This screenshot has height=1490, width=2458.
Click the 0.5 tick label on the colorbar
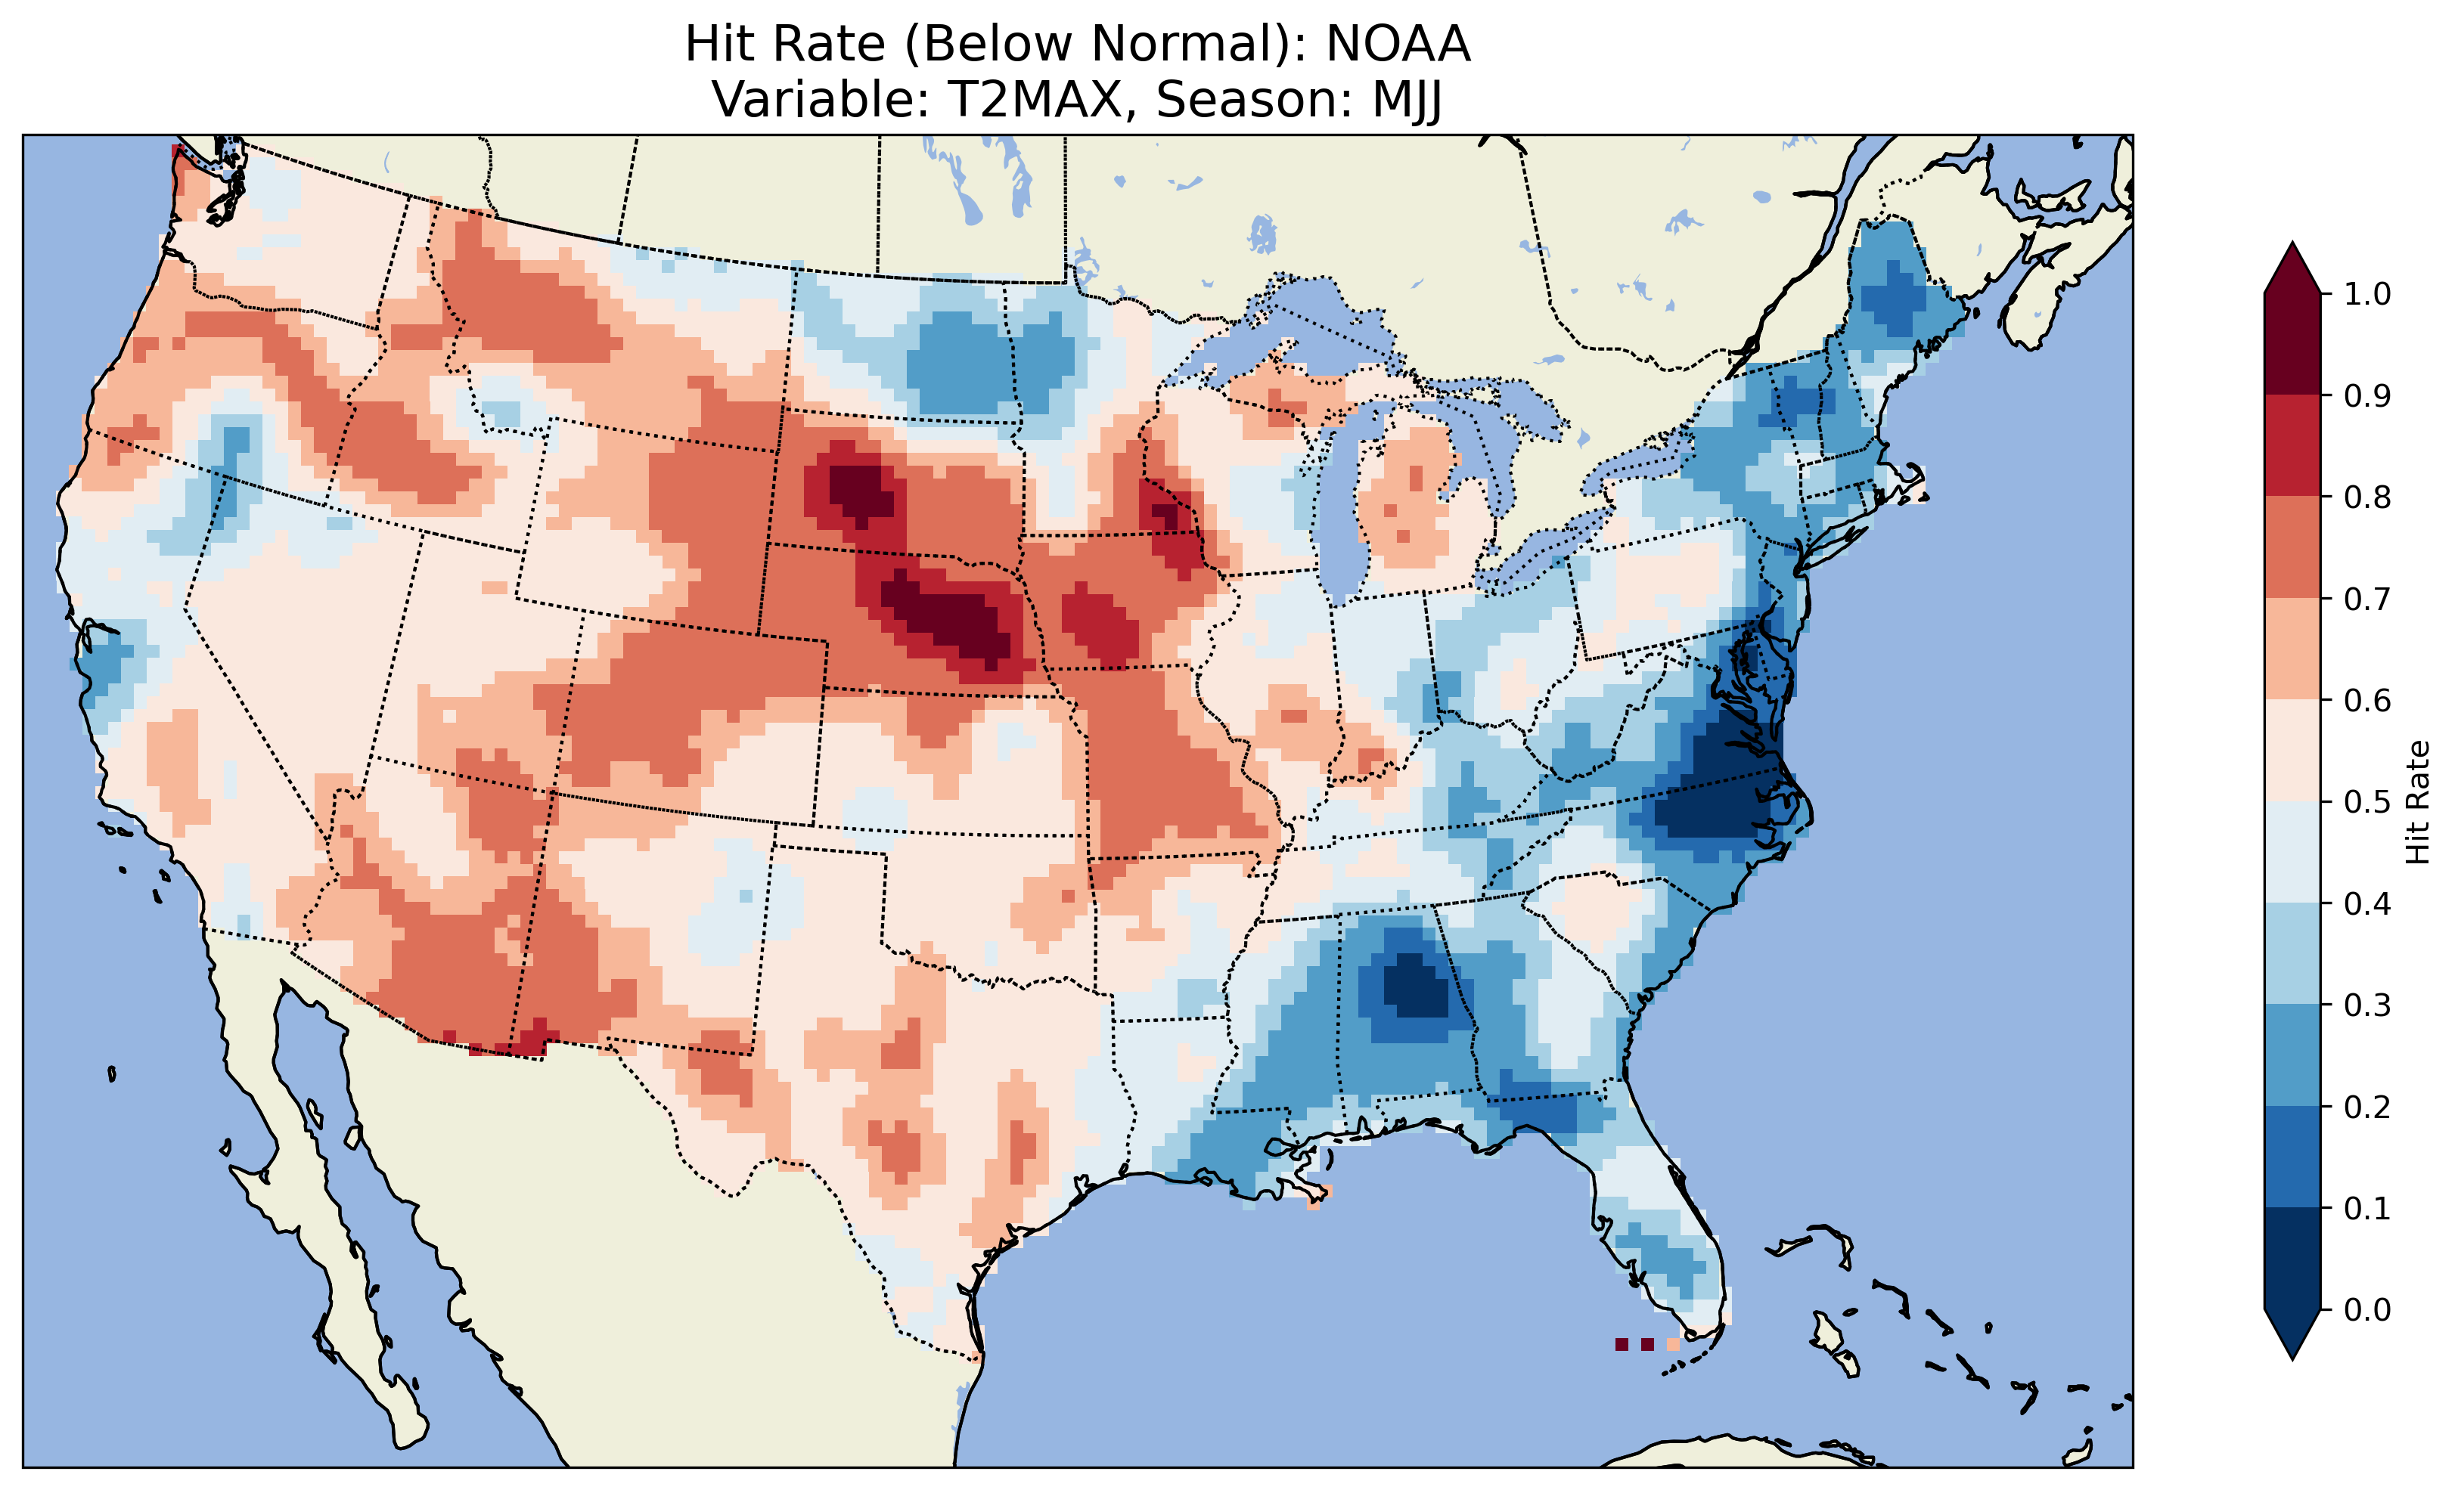coord(2367,802)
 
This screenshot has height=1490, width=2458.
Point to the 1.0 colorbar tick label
coord(2367,294)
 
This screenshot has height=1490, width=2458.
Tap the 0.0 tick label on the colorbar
coord(2367,1309)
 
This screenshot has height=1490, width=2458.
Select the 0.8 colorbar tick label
coord(2367,497)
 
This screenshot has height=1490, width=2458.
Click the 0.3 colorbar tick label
coord(2367,1005)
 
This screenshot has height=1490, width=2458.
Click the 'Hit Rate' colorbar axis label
coord(2417,802)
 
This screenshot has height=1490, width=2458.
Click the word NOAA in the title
coord(1398,45)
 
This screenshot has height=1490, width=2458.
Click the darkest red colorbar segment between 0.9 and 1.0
coord(2292,344)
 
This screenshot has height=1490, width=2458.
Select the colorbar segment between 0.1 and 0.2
coord(2292,1157)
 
